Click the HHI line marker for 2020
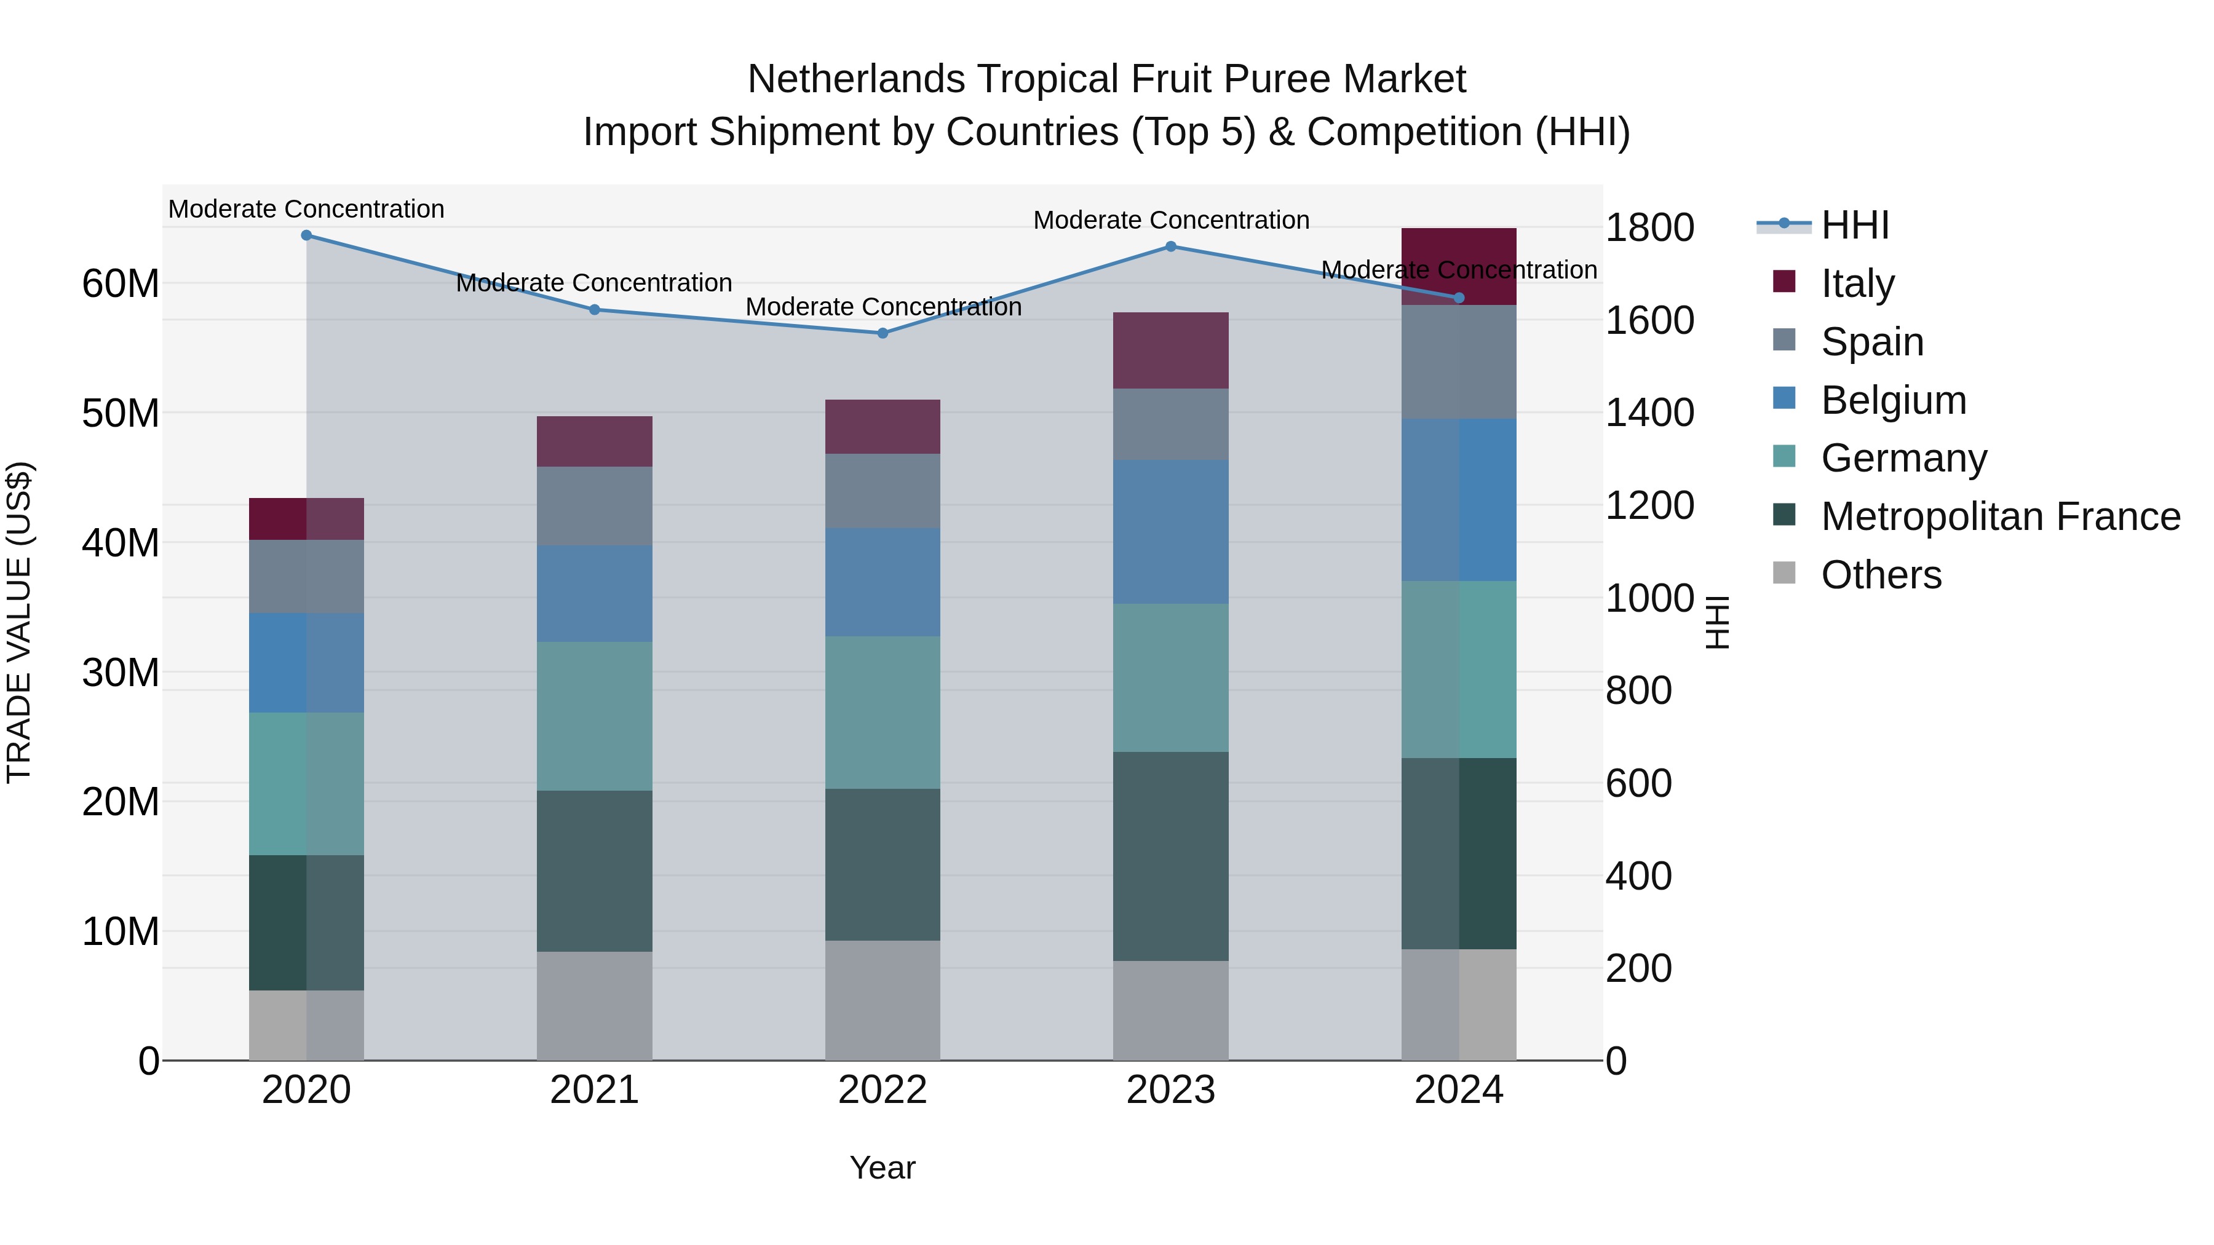(x=307, y=235)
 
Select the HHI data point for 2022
(x=883, y=333)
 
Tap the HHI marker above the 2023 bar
(x=1170, y=247)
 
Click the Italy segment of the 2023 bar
(x=1170, y=350)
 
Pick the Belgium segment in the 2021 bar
(x=595, y=594)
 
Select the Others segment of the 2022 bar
(x=883, y=1000)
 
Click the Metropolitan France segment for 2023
(x=1170, y=856)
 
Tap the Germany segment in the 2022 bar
(x=883, y=713)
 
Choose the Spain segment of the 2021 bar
(x=595, y=506)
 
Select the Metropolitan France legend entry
(x=2000, y=516)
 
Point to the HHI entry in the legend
(x=1855, y=225)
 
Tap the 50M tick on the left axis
(x=121, y=413)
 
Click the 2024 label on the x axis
(x=1459, y=1090)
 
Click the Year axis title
(x=883, y=1168)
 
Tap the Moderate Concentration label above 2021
(x=594, y=283)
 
